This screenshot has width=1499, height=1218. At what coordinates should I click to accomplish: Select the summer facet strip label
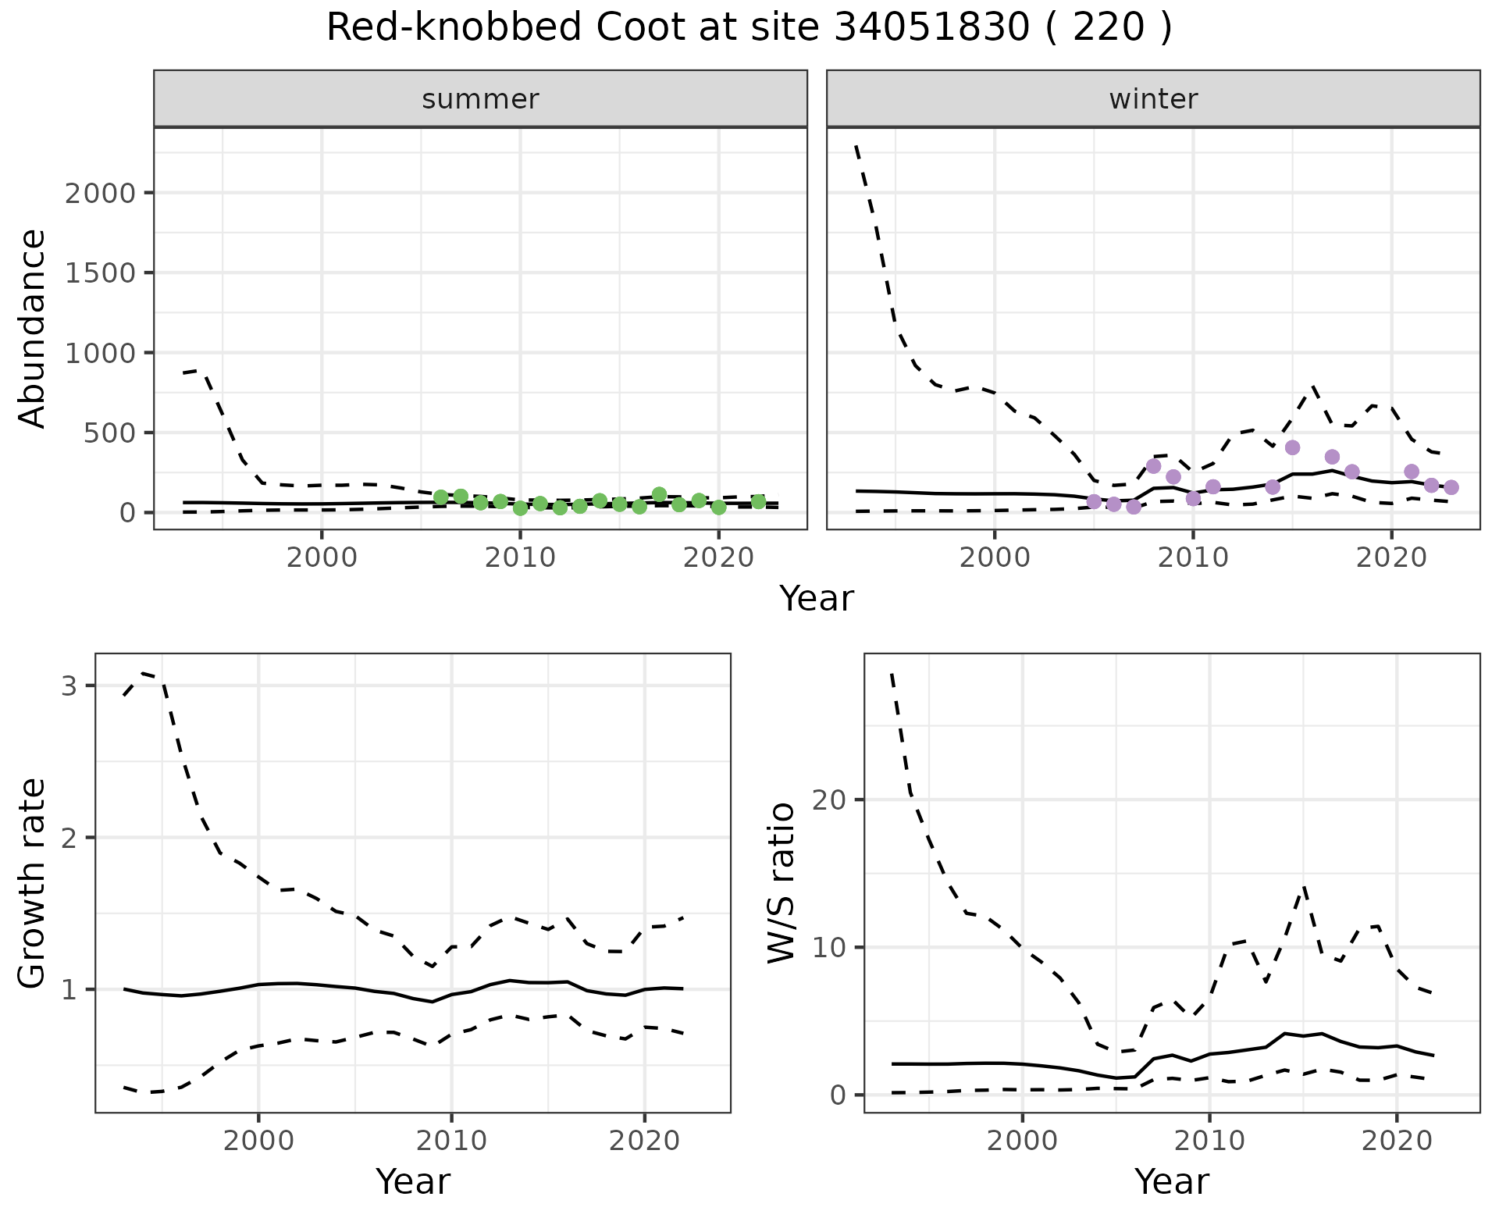point(480,99)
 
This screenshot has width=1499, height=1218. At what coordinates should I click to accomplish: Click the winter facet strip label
point(1153,99)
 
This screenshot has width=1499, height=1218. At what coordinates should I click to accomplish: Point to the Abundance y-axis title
point(33,328)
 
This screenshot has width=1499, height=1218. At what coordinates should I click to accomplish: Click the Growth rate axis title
point(33,883)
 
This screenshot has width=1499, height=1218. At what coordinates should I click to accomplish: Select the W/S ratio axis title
point(781,883)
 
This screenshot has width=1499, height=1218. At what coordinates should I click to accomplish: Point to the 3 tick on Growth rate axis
point(69,686)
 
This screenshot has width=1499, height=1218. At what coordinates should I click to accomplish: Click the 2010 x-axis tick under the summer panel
point(520,558)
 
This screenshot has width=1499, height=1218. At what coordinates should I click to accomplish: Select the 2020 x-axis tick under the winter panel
point(1390,558)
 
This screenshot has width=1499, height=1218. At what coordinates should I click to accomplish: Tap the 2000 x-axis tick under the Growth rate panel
point(258,1141)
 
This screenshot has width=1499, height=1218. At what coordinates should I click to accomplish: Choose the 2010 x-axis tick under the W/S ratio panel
point(1209,1141)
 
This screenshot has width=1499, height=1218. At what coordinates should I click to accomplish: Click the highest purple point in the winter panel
point(1292,447)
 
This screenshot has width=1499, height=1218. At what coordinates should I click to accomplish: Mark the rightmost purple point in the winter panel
point(1451,487)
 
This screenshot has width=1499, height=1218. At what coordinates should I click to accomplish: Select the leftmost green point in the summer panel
point(440,497)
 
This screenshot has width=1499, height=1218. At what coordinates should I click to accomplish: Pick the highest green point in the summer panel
point(659,494)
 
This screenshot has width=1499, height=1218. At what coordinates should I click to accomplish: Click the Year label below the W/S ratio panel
point(1171,1181)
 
